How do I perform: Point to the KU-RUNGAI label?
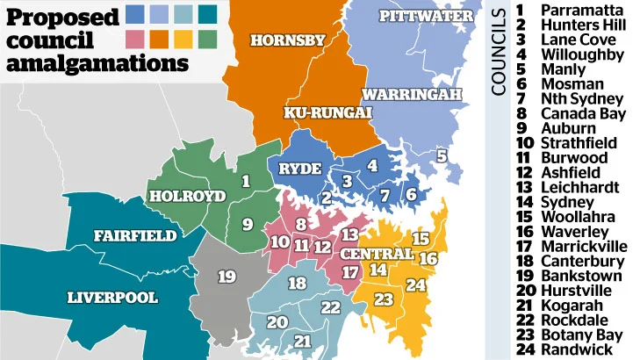click(327, 112)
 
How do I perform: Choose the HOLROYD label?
click(186, 196)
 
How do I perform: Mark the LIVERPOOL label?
click(112, 297)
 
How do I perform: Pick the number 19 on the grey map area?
click(227, 277)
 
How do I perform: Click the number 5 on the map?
click(442, 155)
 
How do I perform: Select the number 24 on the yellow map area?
click(415, 285)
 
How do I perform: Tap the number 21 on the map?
click(303, 341)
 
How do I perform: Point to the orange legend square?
click(160, 38)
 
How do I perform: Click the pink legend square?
click(135, 38)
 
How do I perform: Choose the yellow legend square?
click(183, 38)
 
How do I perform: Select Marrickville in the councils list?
click(586, 246)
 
